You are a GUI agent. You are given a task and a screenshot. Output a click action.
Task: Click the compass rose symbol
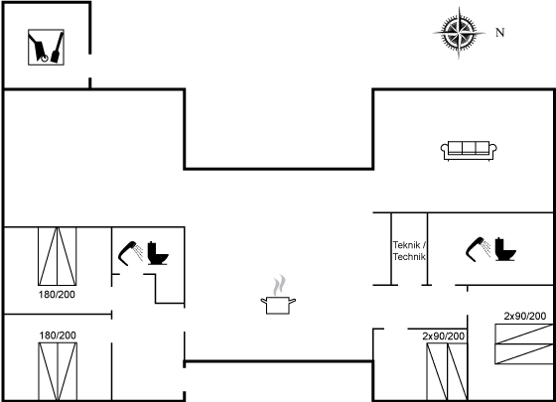coord(459,33)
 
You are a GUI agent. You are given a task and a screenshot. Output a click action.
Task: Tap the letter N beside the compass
coord(500,32)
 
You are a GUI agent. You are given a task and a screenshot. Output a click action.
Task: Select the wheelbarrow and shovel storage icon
coord(46,48)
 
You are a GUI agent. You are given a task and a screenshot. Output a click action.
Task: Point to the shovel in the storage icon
coord(58,48)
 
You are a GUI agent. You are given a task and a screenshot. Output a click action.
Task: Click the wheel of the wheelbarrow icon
coord(45,59)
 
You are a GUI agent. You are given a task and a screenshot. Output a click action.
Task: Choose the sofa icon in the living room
coord(469,151)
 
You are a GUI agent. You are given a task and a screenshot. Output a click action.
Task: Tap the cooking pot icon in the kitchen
coord(278,306)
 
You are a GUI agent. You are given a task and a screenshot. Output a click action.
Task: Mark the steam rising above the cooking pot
coord(280,285)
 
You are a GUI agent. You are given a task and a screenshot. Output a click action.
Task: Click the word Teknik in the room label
coord(406,245)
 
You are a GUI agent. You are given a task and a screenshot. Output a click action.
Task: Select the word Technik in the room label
coord(409,257)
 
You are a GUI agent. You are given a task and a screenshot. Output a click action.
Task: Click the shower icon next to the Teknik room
coord(478,249)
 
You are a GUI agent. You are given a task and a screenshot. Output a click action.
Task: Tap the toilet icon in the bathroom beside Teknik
coord(505,249)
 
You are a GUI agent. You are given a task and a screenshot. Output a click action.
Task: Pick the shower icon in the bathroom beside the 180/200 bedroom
coord(130,253)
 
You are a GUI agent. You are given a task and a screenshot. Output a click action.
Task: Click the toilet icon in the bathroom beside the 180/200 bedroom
coord(158,253)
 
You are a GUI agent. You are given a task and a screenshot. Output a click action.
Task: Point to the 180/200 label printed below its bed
coord(57,295)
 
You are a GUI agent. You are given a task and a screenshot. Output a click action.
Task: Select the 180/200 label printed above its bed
coord(58,335)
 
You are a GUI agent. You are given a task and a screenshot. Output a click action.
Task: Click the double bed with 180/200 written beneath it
coord(58,256)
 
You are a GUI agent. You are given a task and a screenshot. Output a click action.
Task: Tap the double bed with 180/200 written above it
coord(58,371)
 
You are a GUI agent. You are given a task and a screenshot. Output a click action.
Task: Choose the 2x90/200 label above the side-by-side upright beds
coord(443,336)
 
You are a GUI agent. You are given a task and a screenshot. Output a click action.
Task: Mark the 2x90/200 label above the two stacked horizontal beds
coord(525,316)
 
